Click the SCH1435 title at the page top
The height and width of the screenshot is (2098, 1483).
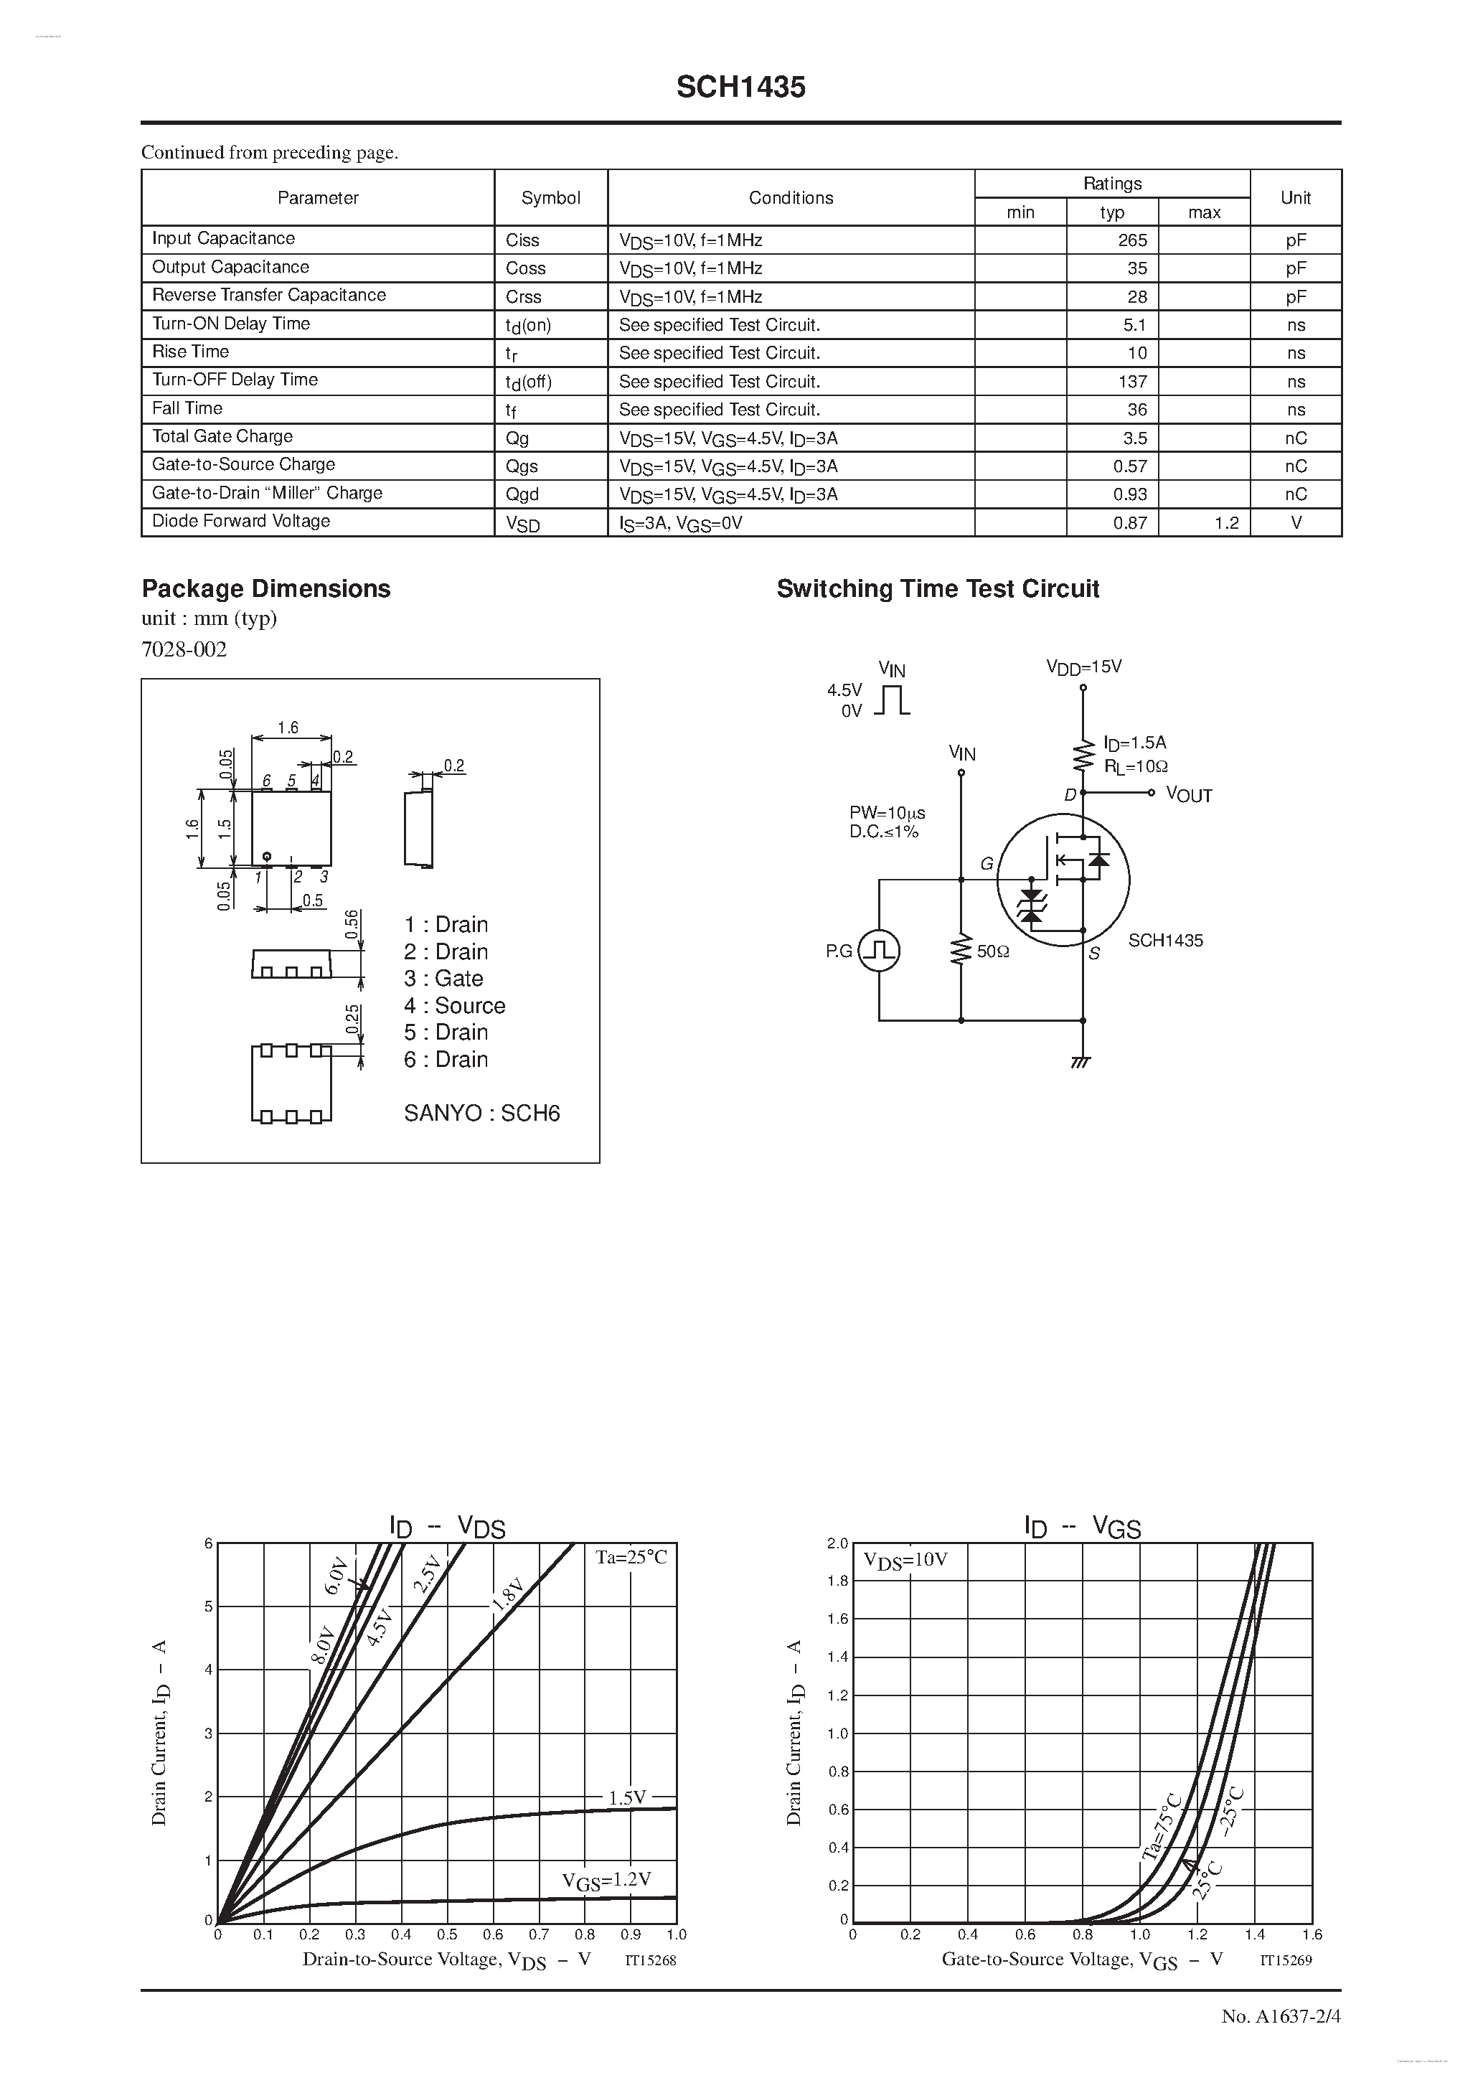pos(740,87)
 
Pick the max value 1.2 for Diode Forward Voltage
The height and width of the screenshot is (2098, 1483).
pos(1226,522)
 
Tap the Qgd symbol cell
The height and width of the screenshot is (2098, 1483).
pos(522,494)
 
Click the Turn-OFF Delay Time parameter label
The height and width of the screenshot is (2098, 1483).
pos(235,380)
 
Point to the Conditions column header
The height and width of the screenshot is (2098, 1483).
pos(791,197)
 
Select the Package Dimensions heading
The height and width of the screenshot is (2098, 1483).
pos(266,588)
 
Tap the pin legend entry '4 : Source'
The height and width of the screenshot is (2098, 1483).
pos(454,1005)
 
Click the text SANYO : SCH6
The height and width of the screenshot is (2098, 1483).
pos(481,1113)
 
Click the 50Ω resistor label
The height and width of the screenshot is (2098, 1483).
pos(993,951)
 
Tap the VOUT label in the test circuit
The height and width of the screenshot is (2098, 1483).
pos(1189,795)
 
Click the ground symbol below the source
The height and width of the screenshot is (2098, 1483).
pos(1083,1062)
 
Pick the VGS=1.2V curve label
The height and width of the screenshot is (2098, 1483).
pos(607,1880)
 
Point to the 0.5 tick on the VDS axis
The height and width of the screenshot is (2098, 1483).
pos(447,1934)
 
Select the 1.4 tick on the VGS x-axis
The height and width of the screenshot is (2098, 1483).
pos(1255,1934)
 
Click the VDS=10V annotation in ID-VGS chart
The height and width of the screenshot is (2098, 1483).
pos(905,1560)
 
